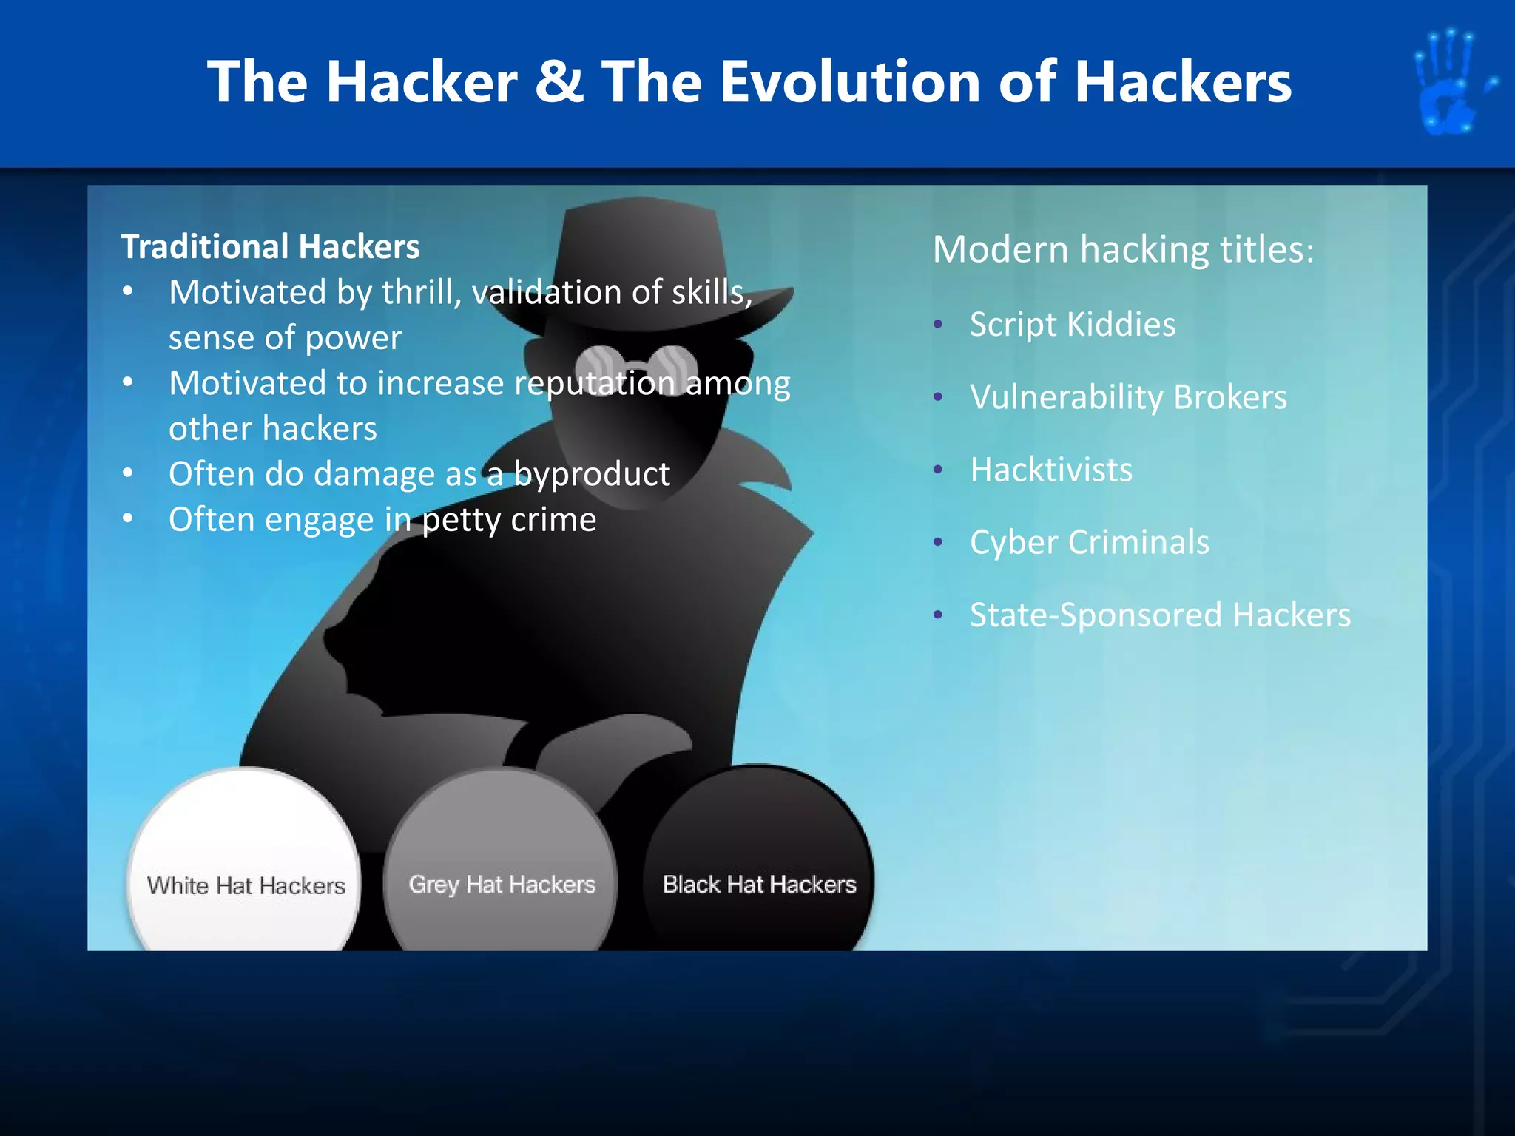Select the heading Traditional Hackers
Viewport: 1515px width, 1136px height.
coord(270,247)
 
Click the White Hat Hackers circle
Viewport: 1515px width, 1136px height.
coord(245,865)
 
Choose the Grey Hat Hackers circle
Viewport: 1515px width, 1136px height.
coord(501,865)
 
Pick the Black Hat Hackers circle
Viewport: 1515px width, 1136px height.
coord(758,865)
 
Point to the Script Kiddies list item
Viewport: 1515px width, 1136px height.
coord(1072,325)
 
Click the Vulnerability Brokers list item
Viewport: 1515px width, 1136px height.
coord(1128,397)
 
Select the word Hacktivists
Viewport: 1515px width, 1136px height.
coord(1050,470)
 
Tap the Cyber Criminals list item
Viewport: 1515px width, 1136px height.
coord(1089,542)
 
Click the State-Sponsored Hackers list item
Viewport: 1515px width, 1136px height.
coord(1159,615)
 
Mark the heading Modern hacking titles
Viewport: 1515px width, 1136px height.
coord(1122,249)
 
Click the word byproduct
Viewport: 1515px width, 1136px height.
coord(592,474)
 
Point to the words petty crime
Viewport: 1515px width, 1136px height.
coord(509,520)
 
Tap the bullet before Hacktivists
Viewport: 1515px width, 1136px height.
coord(938,470)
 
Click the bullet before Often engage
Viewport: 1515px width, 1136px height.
coord(128,518)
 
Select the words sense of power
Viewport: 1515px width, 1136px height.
coord(285,338)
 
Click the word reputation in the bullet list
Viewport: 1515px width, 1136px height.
coord(594,383)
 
